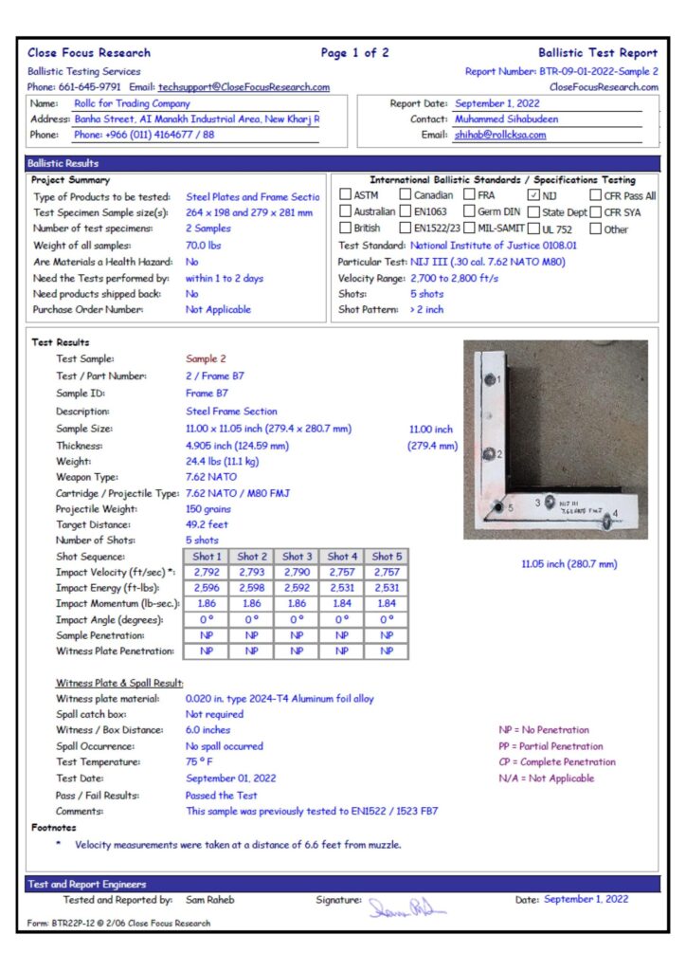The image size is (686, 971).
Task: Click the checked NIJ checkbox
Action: click(533, 195)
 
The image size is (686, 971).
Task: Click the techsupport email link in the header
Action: click(244, 87)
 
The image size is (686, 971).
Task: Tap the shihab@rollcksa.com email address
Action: click(501, 135)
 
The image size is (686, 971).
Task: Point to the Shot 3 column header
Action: click(297, 557)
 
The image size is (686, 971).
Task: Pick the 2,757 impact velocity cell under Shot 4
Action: click(342, 573)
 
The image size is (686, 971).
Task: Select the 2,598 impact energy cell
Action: click(252, 589)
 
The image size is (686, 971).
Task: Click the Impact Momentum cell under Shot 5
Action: click(387, 604)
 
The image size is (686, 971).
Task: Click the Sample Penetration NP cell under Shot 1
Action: click(207, 635)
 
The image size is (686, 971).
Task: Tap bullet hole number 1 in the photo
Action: click(489, 379)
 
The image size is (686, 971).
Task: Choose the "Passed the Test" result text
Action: click(221, 796)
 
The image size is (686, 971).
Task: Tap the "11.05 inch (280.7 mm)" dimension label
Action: click(569, 564)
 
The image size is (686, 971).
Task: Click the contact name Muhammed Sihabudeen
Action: click(506, 119)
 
